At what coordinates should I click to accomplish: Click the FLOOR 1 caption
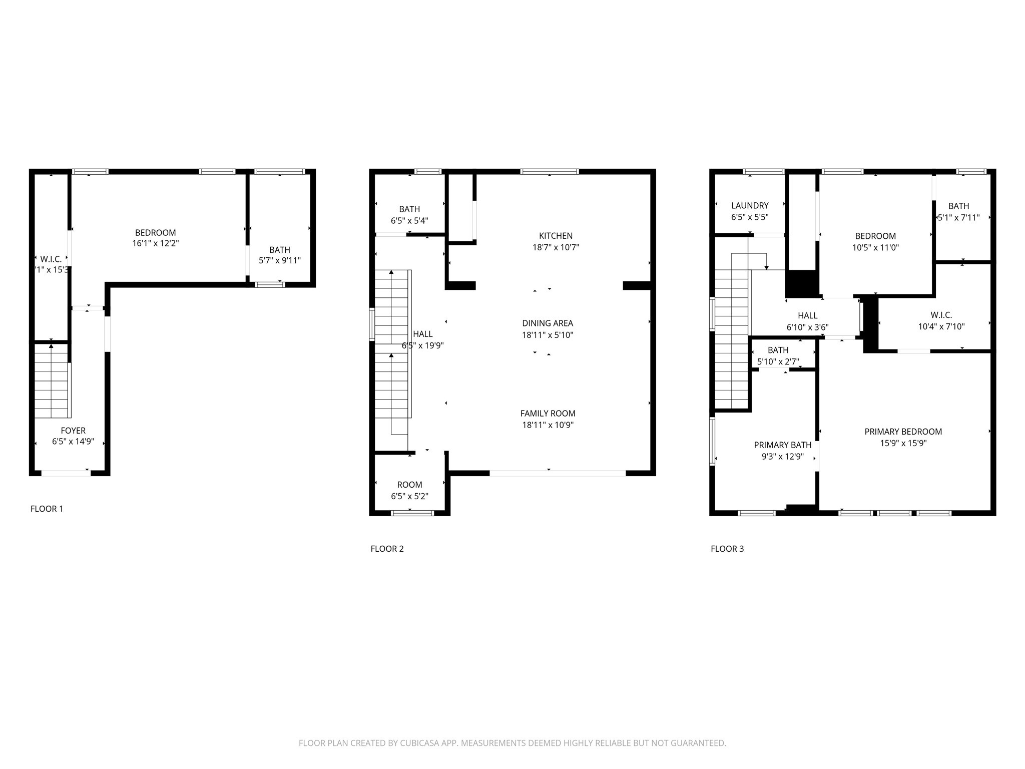coord(47,509)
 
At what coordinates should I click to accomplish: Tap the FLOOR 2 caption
coord(387,549)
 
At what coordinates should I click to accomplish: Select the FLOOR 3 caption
coord(727,549)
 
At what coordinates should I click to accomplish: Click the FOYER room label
coord(73,431)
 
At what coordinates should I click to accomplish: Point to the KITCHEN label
coord(556,236)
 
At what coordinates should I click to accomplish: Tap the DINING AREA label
coord(548,323)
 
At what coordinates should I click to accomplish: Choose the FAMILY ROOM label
coord(548,414)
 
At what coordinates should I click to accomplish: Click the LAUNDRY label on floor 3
coord(750,205)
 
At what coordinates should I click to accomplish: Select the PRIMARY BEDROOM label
coord(903,432)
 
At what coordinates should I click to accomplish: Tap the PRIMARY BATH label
coord(783,445)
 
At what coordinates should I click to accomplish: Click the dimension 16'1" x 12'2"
coord(155,244)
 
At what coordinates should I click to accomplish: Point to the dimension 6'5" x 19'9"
coord(423,345)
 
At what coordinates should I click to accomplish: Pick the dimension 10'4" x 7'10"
coord(941,327)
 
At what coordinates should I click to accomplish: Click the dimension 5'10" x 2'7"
coord(778,361)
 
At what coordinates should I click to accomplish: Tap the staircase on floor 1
coord(51,380)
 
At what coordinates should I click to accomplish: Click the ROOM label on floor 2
coord(409,485)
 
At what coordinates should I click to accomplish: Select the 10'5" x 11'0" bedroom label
coord(875,236)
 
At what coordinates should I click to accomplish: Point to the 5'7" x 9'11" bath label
coord(280,250)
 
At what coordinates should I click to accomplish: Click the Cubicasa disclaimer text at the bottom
coord(512,743)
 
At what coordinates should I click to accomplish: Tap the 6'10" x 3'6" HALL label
coord(807,315)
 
